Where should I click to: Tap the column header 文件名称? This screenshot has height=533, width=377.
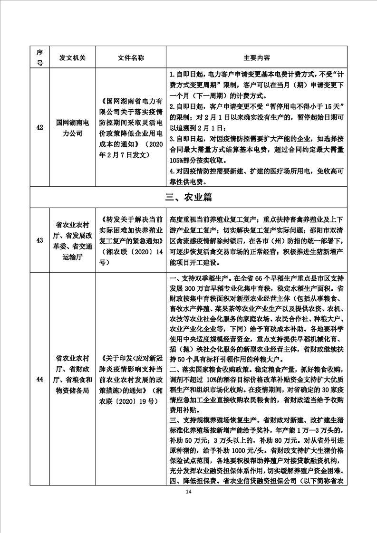131,57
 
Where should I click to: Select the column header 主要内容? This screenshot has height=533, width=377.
257,57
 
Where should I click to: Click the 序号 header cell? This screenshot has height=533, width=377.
39,57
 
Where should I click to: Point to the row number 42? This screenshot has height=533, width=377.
39,127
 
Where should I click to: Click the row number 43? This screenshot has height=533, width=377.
39,240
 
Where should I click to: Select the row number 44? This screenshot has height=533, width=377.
39,379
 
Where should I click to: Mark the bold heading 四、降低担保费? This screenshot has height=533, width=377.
195,481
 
